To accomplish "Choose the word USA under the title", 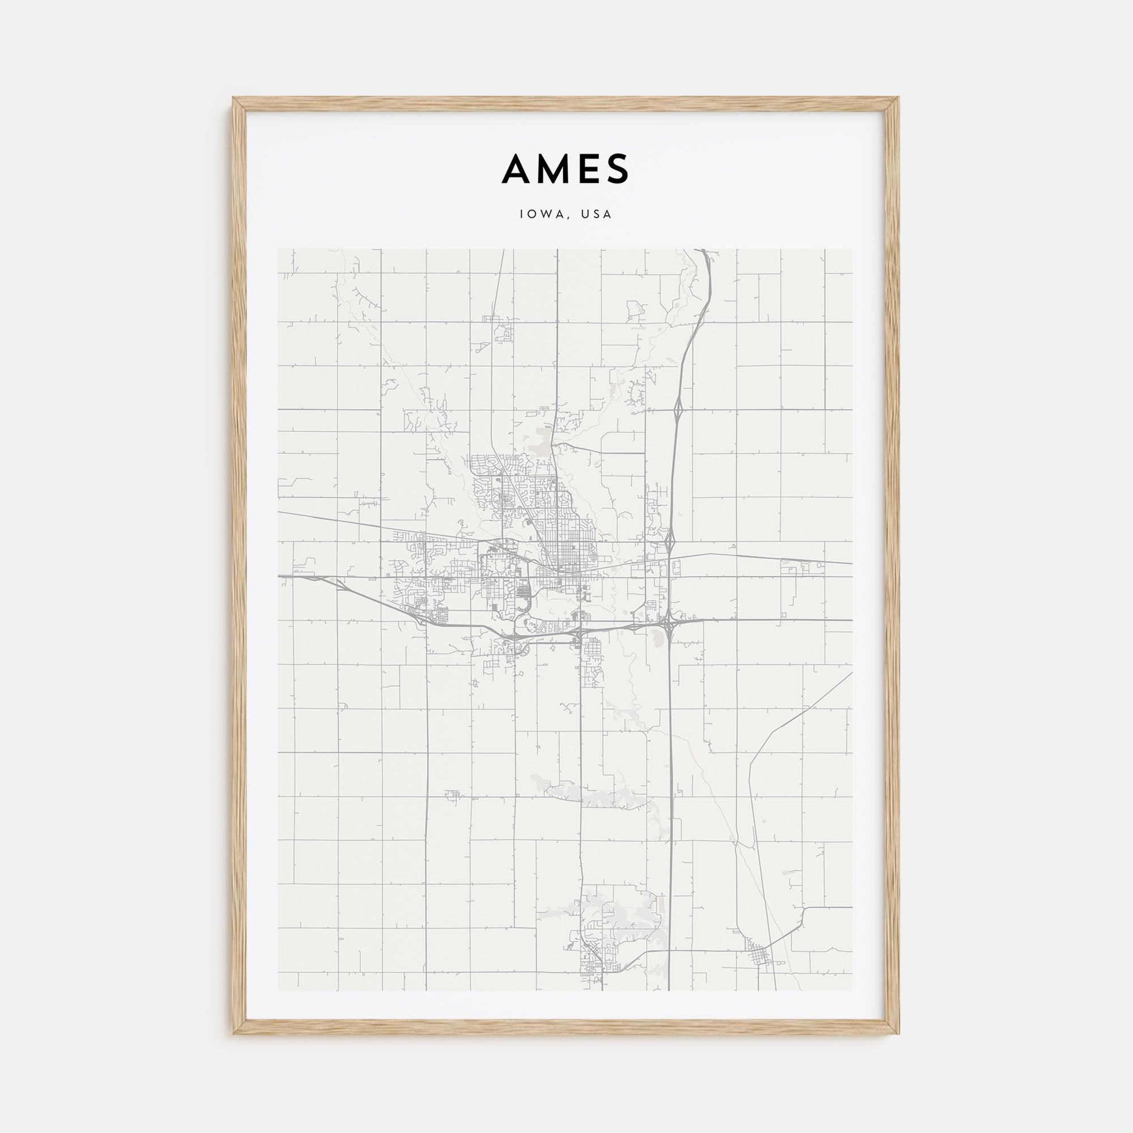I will point(597,215).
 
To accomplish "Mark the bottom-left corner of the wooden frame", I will point(233,1033).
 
